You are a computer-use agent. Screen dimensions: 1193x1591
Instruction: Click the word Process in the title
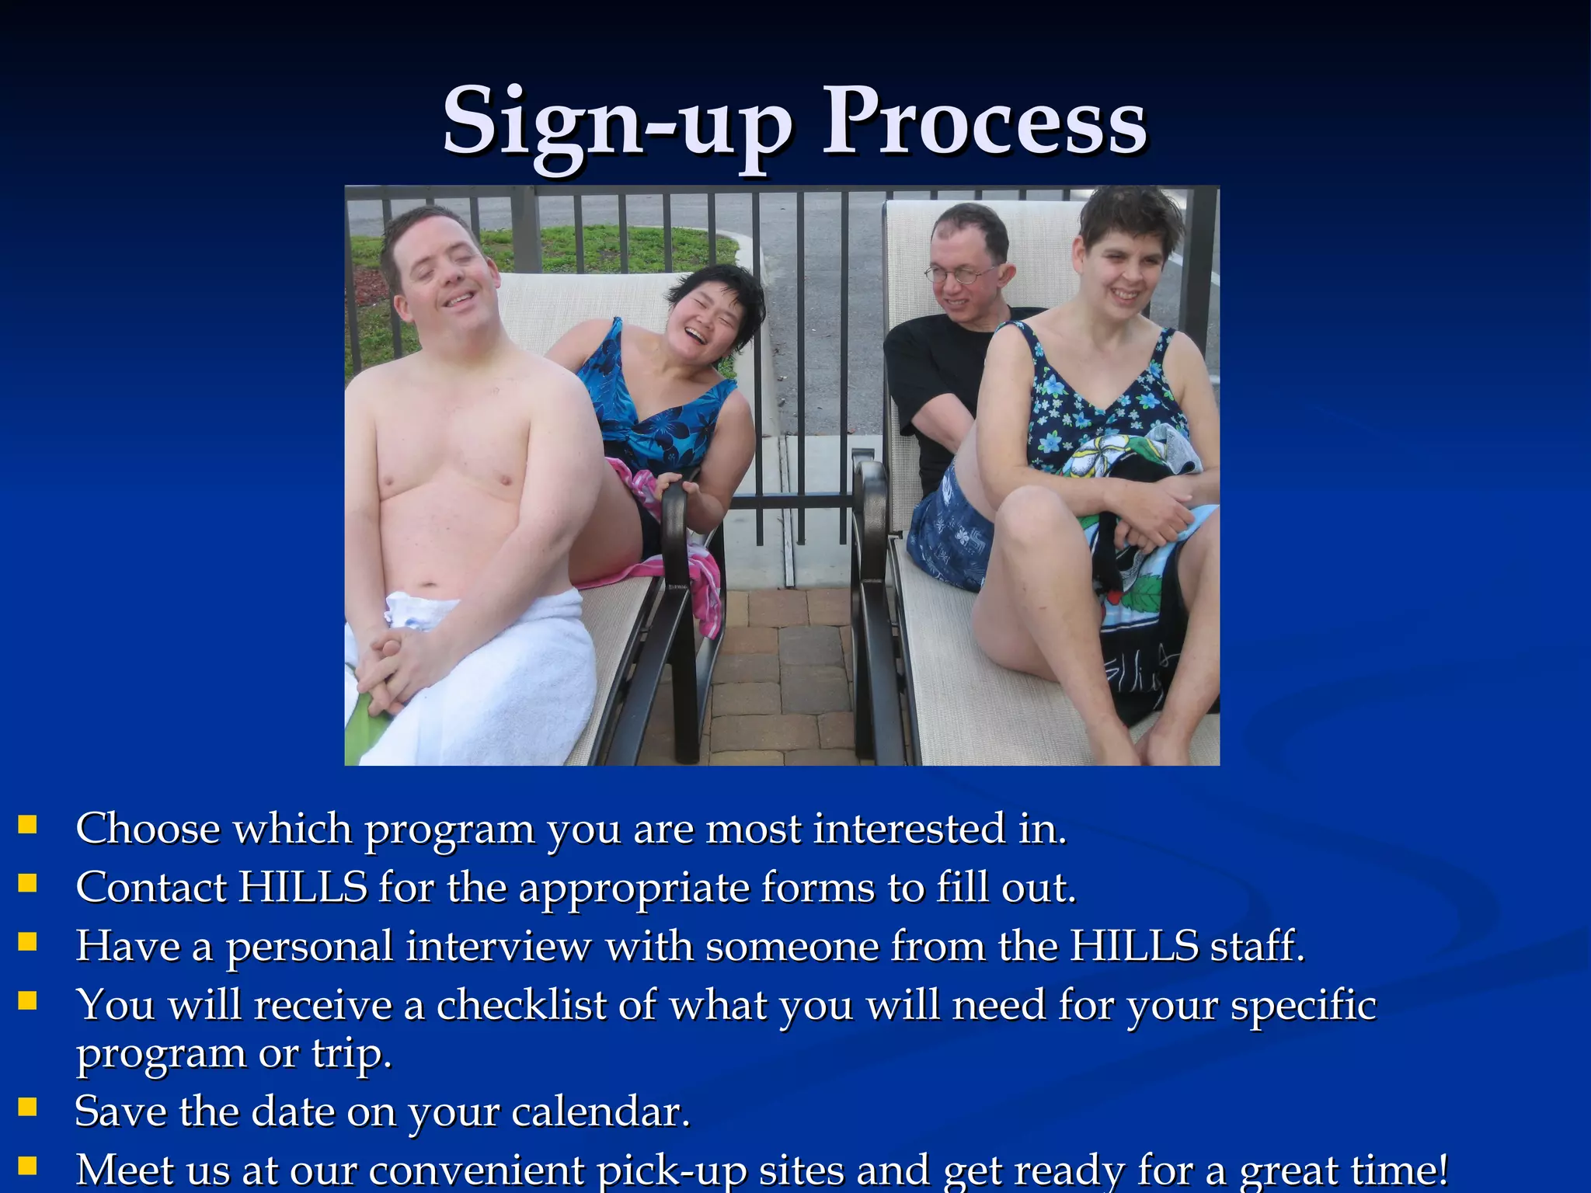984,123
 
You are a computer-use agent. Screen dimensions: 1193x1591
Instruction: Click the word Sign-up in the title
618,123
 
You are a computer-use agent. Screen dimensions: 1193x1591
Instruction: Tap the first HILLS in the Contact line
302,887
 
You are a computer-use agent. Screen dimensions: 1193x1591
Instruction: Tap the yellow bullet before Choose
27,824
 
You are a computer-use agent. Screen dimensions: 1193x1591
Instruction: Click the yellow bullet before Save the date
27,1107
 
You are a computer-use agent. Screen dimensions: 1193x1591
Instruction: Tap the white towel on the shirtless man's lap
497,668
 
